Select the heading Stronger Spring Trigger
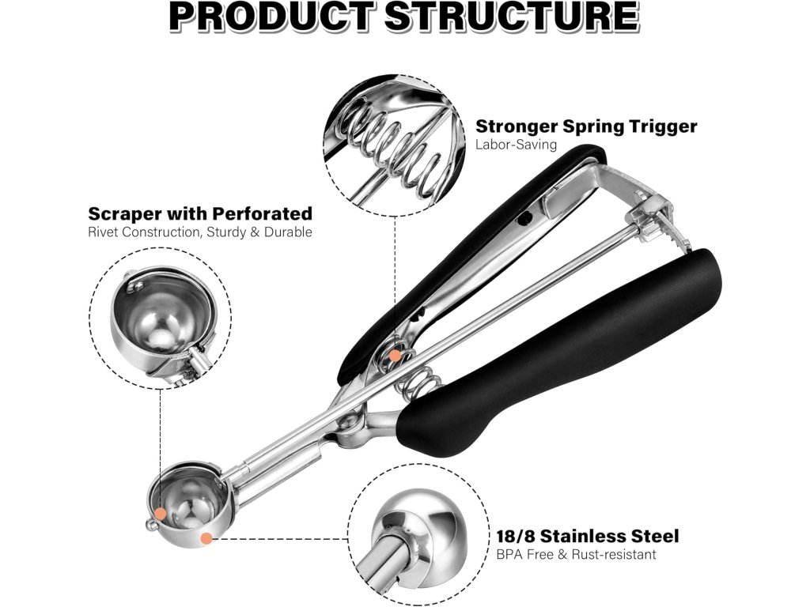586,126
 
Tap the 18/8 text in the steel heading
517,536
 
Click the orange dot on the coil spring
393,356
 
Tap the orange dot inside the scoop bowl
161,513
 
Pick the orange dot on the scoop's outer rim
206,538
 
